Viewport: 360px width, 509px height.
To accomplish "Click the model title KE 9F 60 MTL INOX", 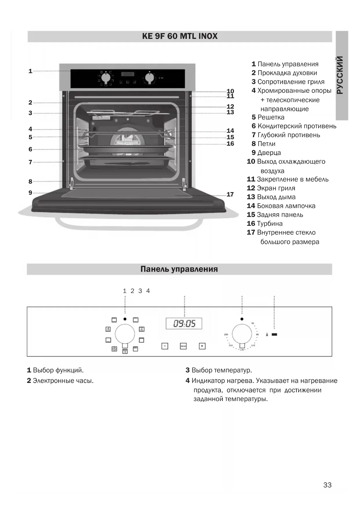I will pyautogui.click(x=180, y=36).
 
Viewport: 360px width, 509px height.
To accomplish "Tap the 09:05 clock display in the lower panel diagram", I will pyautogui.click(x=184, y=323).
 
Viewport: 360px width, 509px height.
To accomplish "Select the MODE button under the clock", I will pyautogui.click(x=183, y=346).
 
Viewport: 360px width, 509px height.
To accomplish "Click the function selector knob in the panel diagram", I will pyautogui.click(x=125, y=334).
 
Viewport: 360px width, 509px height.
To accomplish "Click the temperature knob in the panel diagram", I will pyautogui.click(x=242, y=334).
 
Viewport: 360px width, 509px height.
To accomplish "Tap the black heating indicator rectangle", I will pyautogui.click(x=274, y=335).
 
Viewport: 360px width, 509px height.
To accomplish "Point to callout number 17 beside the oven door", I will pyautogui.click(x=230, y=194).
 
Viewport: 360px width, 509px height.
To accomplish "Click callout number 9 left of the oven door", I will pyautogui.click(x=30, y=193).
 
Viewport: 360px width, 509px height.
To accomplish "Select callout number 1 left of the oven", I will pyautogui.click(x=30, y=71).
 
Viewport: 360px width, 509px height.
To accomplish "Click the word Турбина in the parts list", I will pyautogui.click(x=269, y=224).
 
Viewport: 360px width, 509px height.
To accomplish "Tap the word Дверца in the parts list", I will pyautogui.click(x=269, y=153).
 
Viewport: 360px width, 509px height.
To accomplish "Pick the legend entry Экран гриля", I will pyautogui.click(x=276, y=188).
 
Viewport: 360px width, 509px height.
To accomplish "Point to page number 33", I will pyautogui.click(x=327, y=485).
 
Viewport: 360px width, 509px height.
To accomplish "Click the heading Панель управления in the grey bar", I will pyautogui.click(x=179, y=269).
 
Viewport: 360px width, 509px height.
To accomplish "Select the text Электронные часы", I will pyautogui.click(x=63, y=381).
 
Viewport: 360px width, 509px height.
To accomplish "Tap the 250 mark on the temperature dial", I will pyautogui.click(x=226, y=335).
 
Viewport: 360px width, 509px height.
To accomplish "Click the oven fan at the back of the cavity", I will pyautogui.click(x=128, y=140).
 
